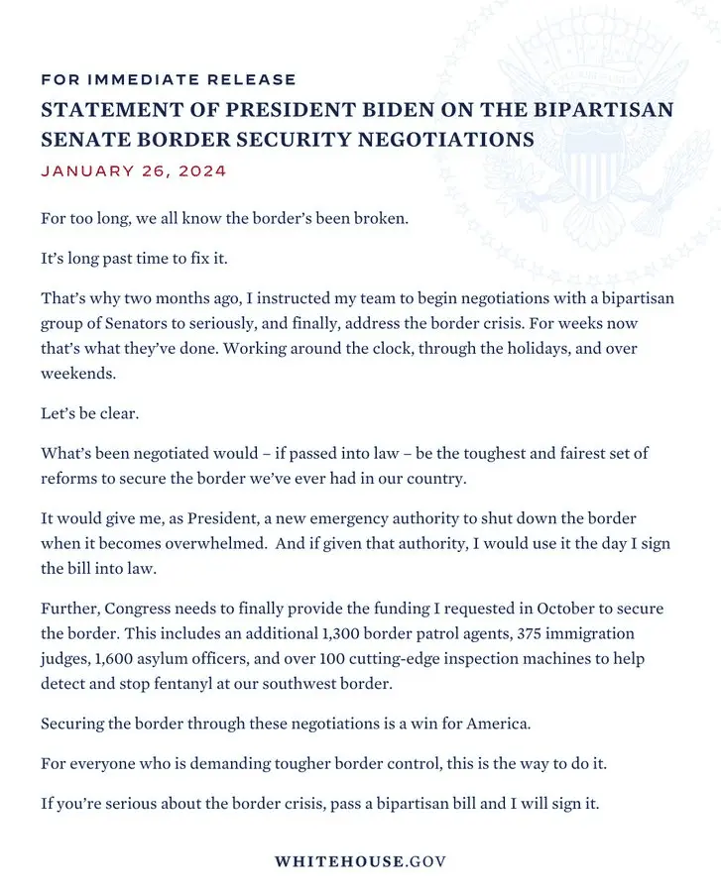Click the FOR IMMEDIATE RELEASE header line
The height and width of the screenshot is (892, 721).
(x=169, y=79)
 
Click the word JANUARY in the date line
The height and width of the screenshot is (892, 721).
(x=84, y=170)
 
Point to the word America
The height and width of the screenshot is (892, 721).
(x=499, y=724)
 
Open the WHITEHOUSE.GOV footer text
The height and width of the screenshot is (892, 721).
(x=360, y=861)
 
